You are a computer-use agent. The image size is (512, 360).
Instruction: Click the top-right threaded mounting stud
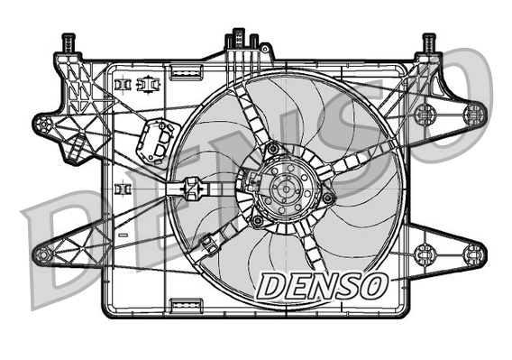point(429,42)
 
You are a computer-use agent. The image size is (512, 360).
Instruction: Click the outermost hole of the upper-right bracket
point(473,113)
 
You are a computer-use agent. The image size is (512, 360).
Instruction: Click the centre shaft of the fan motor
point(289,191)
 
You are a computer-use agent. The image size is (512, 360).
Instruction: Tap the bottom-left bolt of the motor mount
point(259,220)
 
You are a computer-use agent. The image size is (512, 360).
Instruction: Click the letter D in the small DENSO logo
point(271,286)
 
